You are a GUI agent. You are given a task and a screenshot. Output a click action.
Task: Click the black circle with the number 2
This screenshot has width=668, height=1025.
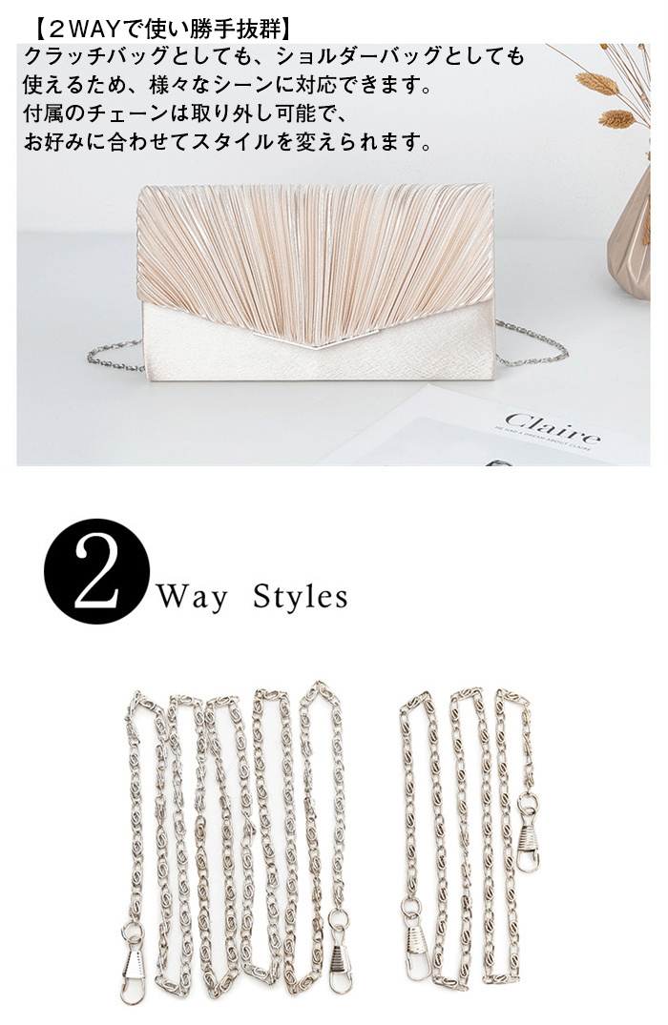click(96, 571)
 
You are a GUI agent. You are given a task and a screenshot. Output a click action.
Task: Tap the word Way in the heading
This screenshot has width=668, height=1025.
click(193, 597)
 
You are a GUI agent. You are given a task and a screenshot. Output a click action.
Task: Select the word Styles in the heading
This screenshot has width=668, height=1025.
click(301, 596)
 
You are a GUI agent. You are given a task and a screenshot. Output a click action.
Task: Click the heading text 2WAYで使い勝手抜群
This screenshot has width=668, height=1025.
click(160, 29)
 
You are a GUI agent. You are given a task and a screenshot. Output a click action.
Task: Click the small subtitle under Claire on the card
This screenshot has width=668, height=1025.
click(543, 440)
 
